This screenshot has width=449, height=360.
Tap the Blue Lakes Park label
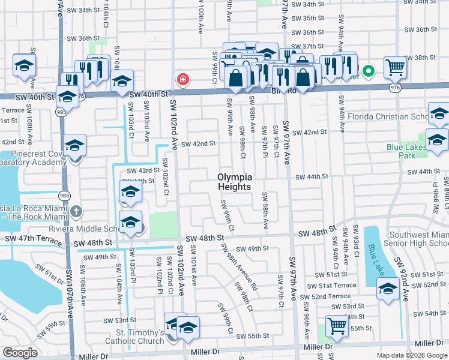pyautogui.click(x=405, y=150)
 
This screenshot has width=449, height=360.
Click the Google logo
pyautogui.click(x=20, y=353)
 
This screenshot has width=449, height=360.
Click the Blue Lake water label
pyautogui.click(x=376, y=256)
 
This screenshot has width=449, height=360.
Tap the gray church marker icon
pyautogui.click(x=76, y=211)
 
